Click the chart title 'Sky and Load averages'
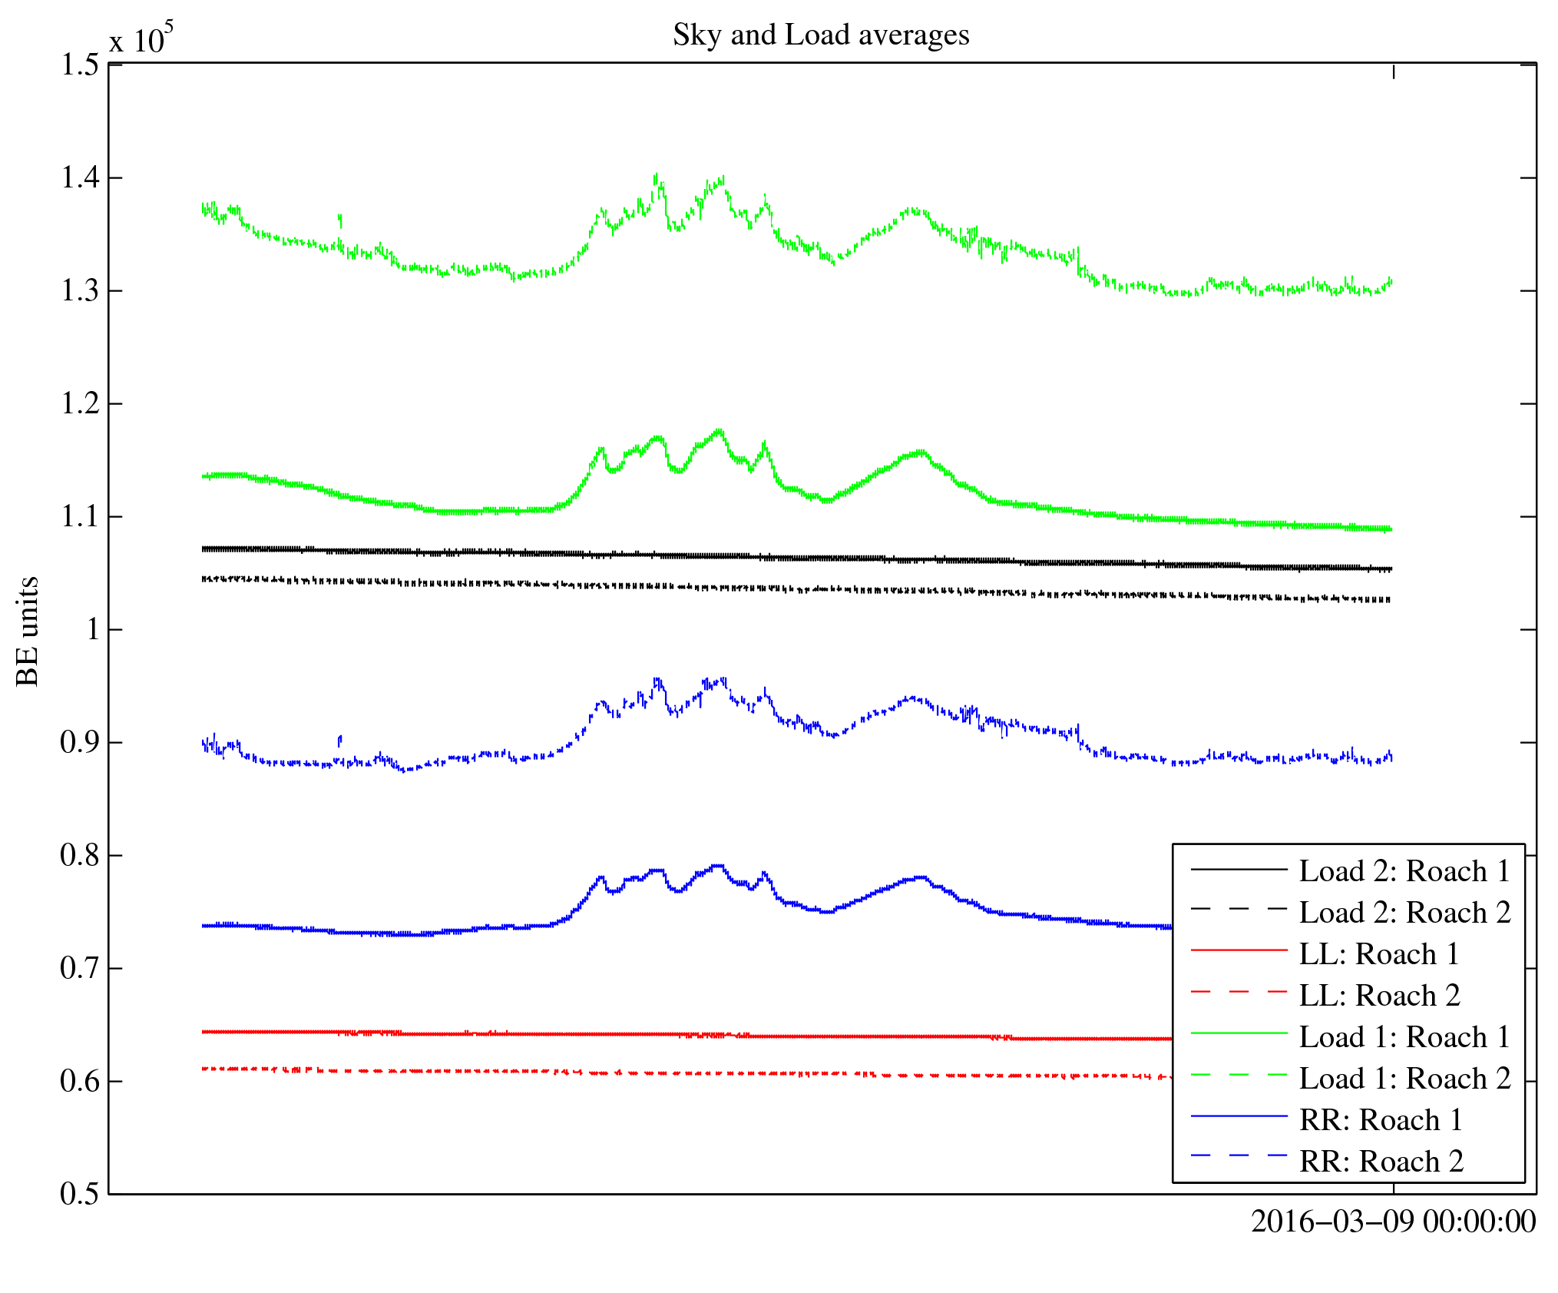pyautogui.click(x=821, y=35)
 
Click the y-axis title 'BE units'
pyautogui.click(x=28, y=631)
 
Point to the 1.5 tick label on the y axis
pyautogui.click(x=80, y=65)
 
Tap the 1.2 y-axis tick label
pyautogui.click(x=80, y=403)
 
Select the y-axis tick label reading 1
pyautogui.click(x=93, y=629)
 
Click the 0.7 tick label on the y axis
pyautogui.click(x=80, y=968)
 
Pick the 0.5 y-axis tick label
pyautogui.click(x=80, y=1194)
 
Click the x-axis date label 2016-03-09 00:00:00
pyautogui.click(x=1393, y=1222)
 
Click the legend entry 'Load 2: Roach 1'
pyautogui.click(x=1404, y=871)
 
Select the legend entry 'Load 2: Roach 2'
pyautogui.click(x=1404, y=913)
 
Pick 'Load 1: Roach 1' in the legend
pyautogui.click(x=1404, y=1037)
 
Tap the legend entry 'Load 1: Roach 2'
pyautogui.click(x=1404, y=1079)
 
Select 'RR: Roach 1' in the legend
pyautogui.click(x=1381, y=1120)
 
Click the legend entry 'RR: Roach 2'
pyautogui.click(x=1381, y=1162)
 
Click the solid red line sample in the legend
pyautogui.click(x=1239, y=951)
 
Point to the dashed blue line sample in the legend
pyautogui.click(x=1239, y=1155)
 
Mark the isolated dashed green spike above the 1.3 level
pyautogui.click(x=340, y=220)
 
